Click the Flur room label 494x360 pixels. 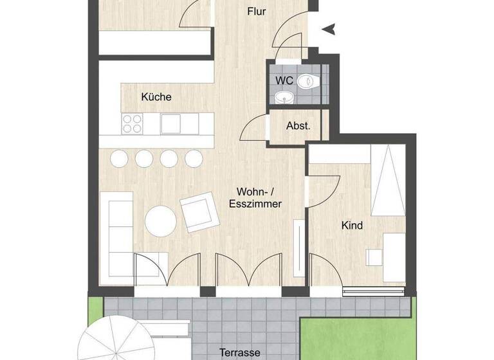pos(257,12)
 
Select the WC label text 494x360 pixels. pos(284,81)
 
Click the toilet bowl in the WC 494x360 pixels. pos(311,81)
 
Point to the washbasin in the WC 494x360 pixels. pos(283,98)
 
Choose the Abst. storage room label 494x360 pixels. pos(298,126)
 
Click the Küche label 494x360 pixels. pos(156,97)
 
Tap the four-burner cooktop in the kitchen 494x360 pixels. pos(132,122)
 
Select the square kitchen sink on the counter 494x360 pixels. pos(172,122)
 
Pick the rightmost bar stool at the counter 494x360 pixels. pos(193,157)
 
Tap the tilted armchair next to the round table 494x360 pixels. pos(199,213)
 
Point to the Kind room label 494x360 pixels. pos(352,226)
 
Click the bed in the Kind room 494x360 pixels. pos(388,180)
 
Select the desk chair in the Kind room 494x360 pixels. pos(374,257)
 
